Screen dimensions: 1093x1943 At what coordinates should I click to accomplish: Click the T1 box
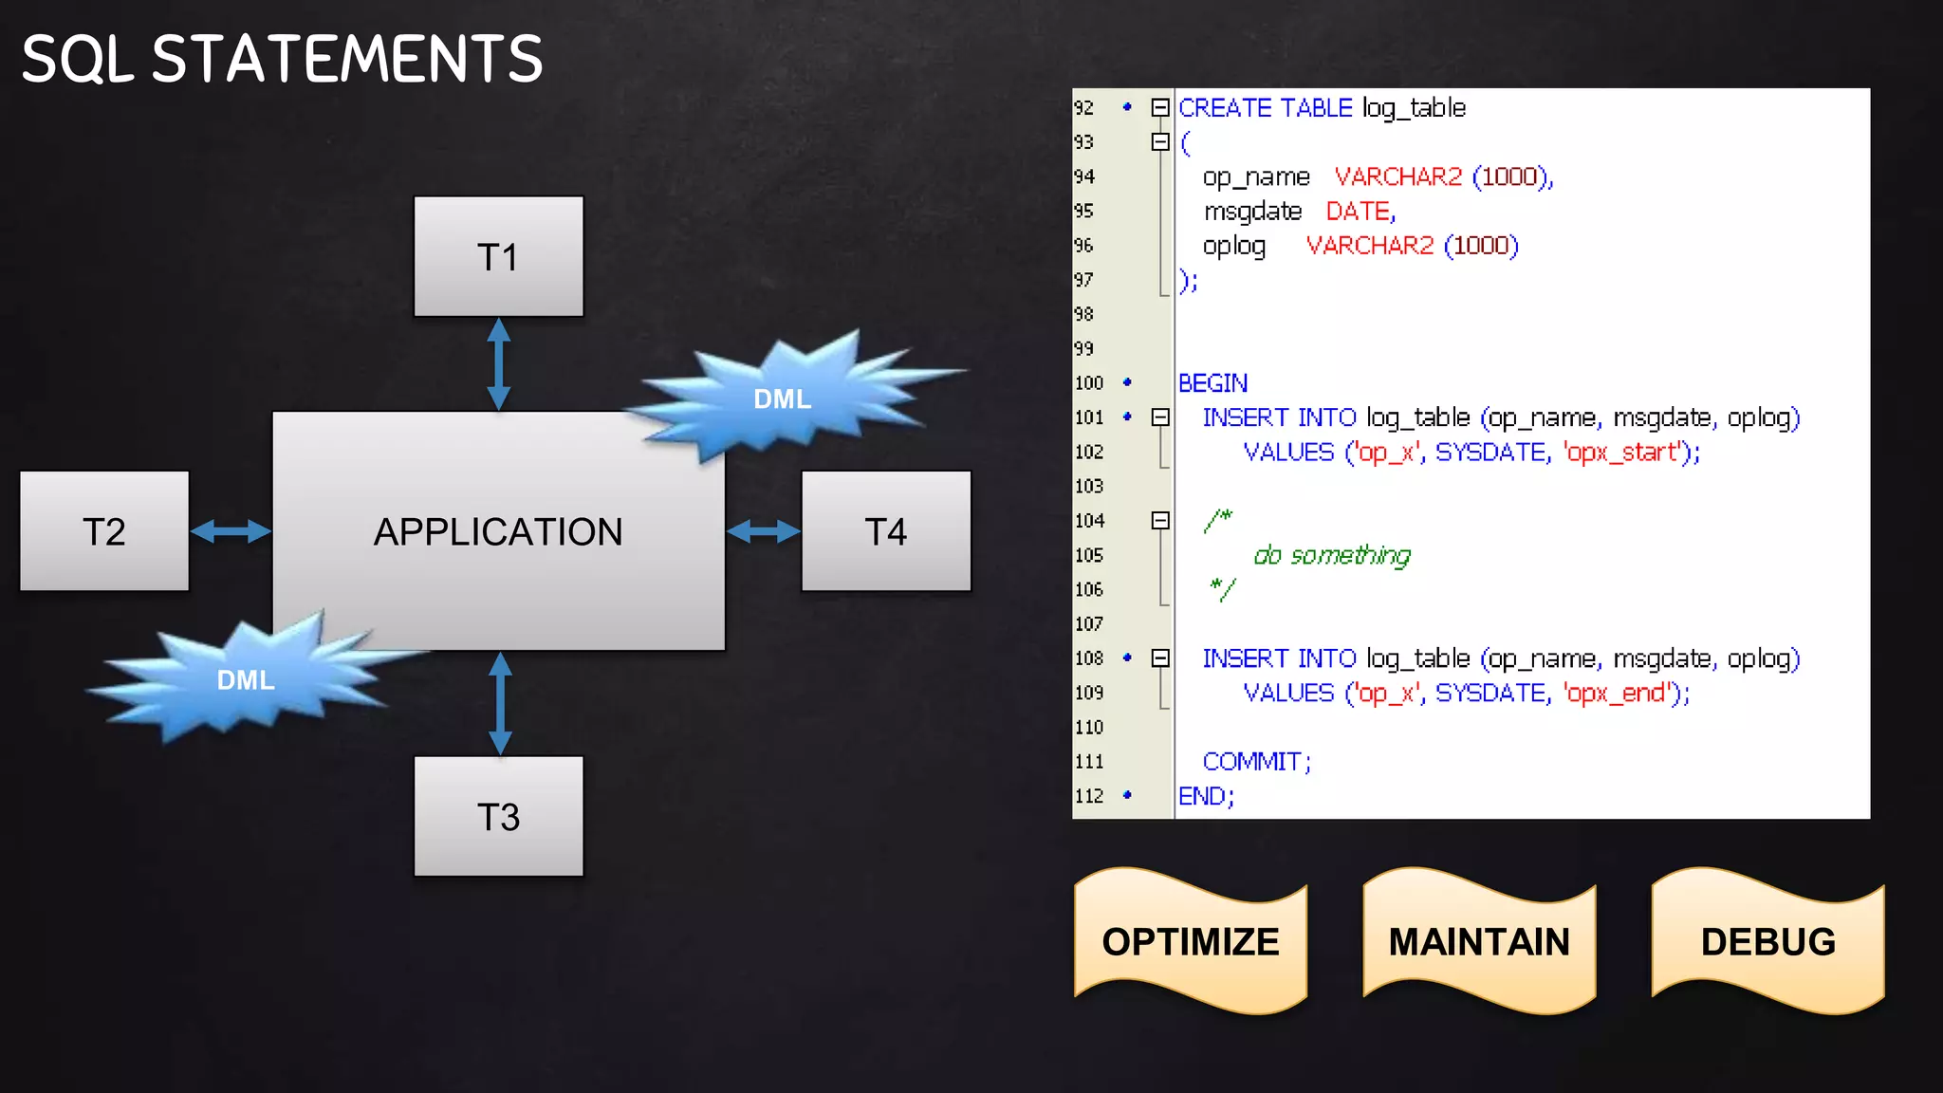pyautogui.click(x=498, y=256)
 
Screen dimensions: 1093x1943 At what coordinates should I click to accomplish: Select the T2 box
pyautogui.click(x=104, y=531)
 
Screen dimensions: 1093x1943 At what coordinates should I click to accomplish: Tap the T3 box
pyautogui.click(x=498, y=816)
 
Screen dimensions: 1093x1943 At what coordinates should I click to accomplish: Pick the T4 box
pyautogui.click(x=886, y=531)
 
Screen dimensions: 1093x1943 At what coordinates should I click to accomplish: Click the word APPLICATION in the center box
pyautogui.click(x=498, y=531)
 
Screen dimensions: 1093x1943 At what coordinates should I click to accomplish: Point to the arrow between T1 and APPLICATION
pyautogui.click(x=499, y=364)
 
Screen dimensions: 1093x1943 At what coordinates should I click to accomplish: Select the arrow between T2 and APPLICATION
pyautogui.click(x=231, y=531)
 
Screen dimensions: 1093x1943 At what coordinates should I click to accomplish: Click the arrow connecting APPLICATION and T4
pyautogui.click(x=763, y=531)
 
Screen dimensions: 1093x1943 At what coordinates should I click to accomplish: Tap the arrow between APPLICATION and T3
pyautogui.click(x=500, y=703)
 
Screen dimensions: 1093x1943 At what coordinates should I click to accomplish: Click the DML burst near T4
pyautogui.click(x=782, y=398)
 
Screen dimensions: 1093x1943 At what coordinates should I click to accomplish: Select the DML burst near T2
pyautogui.click(x=246, y=679)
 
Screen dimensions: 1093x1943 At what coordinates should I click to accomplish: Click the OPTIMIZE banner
pyautogui.click(x=1191, y=941)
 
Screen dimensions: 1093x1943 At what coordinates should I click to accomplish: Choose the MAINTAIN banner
pyautogui.click(x=1479, y=941)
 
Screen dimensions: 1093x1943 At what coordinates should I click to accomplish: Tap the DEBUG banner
pyautogui.click(x=1767, y=941)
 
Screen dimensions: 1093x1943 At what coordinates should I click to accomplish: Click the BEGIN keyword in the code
pyautogui.click(x=1212, y=383)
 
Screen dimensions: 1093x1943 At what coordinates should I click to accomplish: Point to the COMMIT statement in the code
pyautogui.click(x=1255, y=762)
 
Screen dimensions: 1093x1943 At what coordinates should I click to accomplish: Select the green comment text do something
pyautogui.click(x=1332, y=555)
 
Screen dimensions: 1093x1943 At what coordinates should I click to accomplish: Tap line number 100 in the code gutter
pyautogui.click(x=1089, y=383)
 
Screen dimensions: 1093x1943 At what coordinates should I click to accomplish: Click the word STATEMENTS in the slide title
pyautogui.click(x=347, y=59)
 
